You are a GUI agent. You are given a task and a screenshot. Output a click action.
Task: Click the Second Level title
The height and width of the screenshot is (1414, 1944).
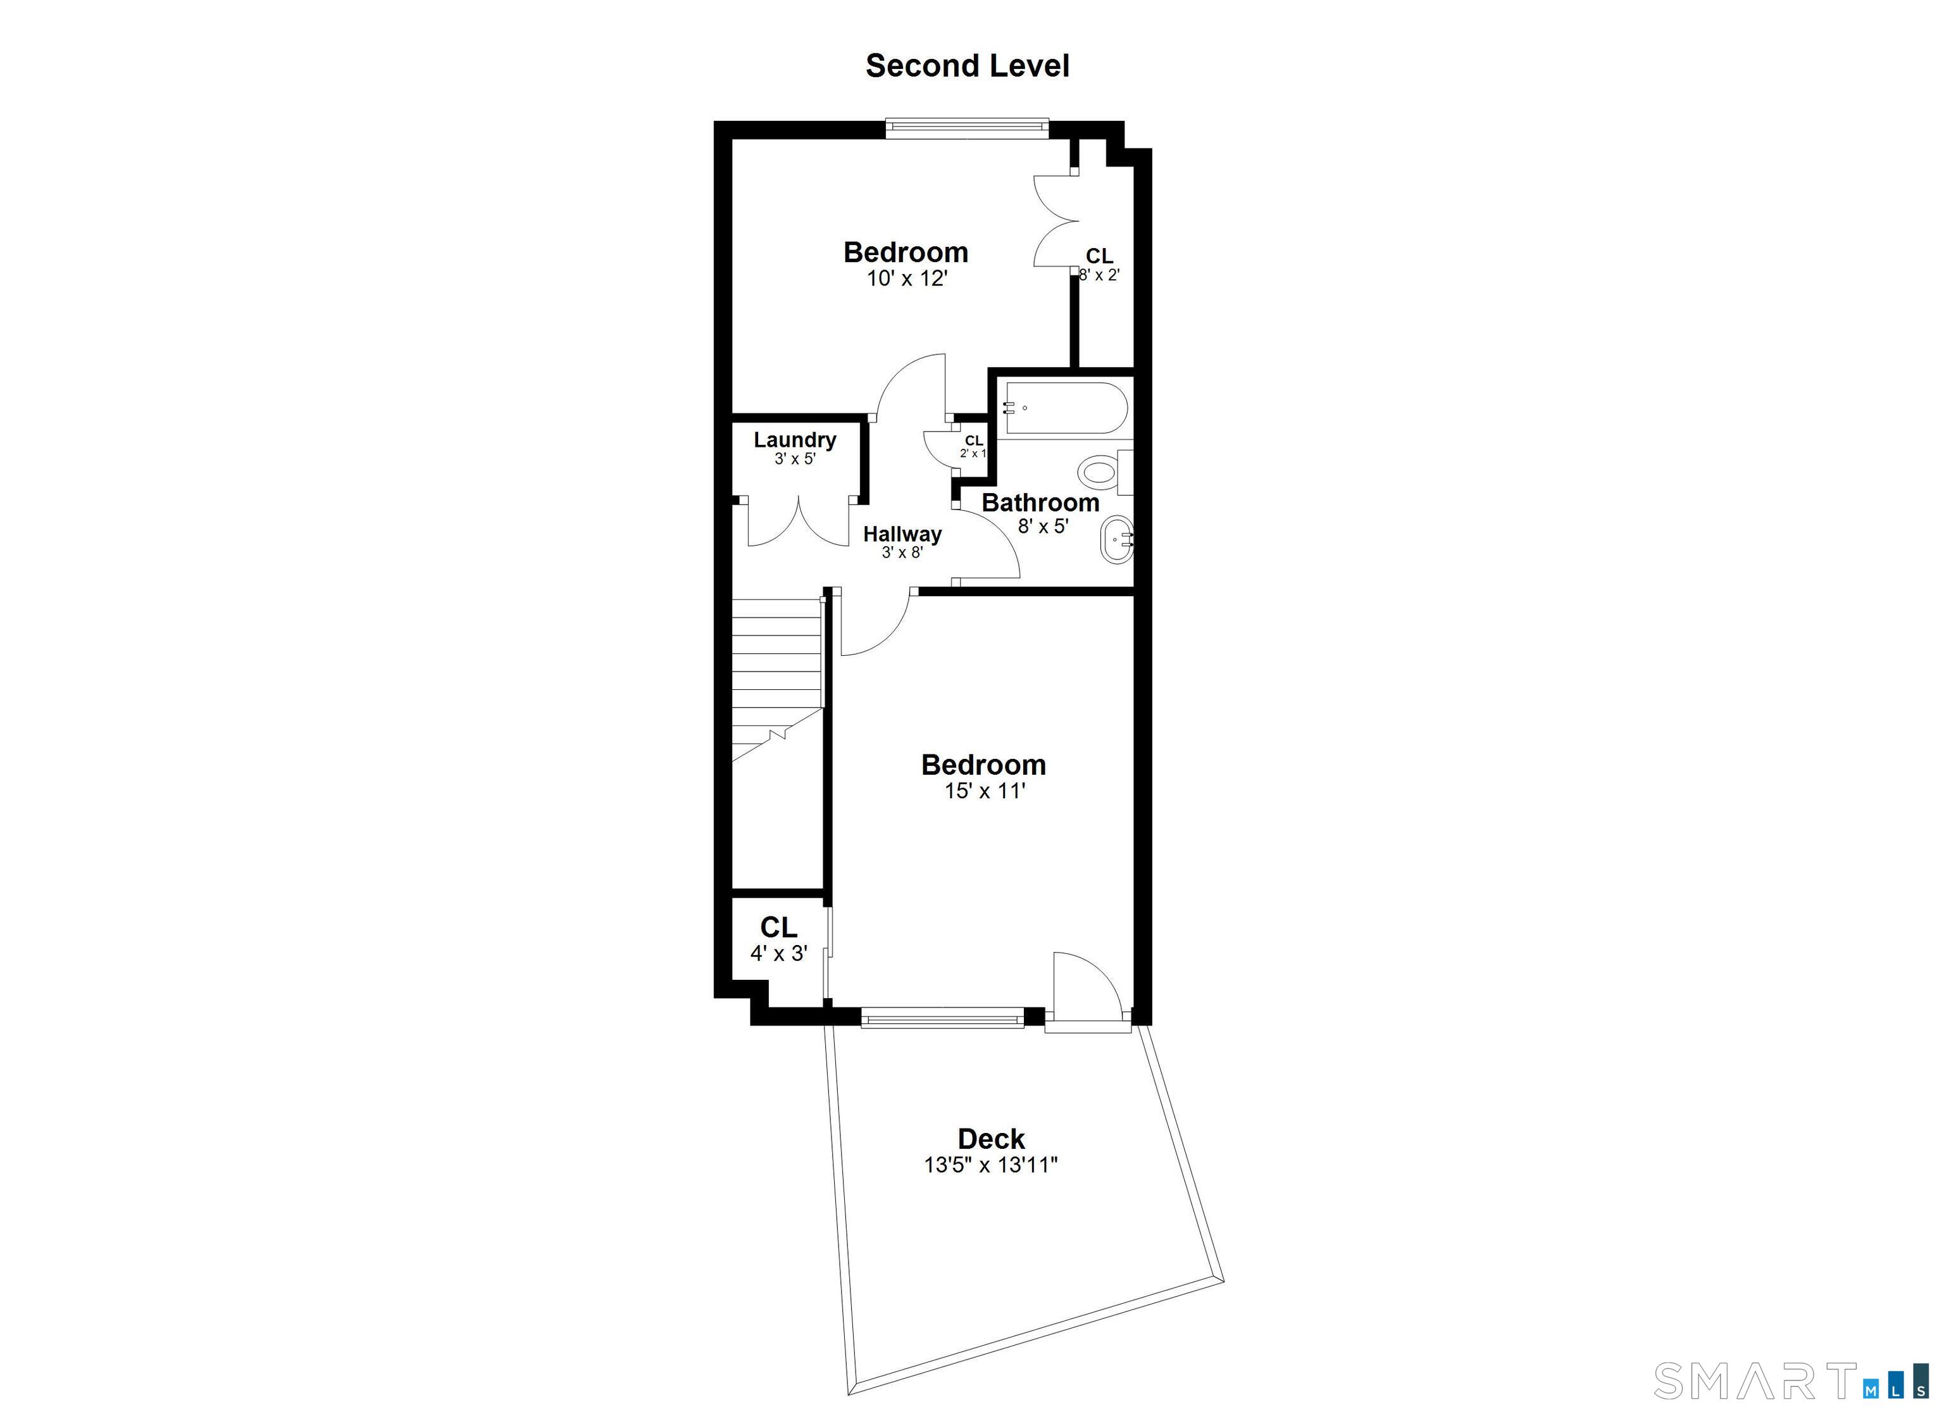click(967, 66)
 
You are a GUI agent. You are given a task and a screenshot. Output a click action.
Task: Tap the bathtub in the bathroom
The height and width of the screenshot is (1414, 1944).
click(1064, 409)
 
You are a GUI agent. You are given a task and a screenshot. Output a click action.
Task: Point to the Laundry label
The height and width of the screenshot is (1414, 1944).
click(795, 440)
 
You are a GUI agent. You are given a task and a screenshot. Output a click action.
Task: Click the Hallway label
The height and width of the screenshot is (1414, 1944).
click(902, 534)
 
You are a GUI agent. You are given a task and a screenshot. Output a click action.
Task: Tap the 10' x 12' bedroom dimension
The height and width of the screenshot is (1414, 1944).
click(906, 278)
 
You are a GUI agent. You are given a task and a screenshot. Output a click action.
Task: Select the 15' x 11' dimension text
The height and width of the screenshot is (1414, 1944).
click(984, 791)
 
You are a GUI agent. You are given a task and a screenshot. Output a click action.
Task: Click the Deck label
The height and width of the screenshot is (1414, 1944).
click(991, 1139)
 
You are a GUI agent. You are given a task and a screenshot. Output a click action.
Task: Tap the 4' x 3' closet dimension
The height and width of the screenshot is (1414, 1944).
click(778, 953)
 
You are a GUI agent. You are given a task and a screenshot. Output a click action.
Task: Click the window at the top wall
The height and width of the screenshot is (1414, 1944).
click(967, 128)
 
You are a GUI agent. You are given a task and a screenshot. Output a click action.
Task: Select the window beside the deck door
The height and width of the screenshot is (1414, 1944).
click(942, 1020)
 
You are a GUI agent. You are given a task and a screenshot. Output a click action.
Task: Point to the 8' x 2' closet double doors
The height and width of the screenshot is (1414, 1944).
click(1054, 222)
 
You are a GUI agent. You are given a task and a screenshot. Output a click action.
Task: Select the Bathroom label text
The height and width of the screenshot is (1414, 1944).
click(1040, 503)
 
